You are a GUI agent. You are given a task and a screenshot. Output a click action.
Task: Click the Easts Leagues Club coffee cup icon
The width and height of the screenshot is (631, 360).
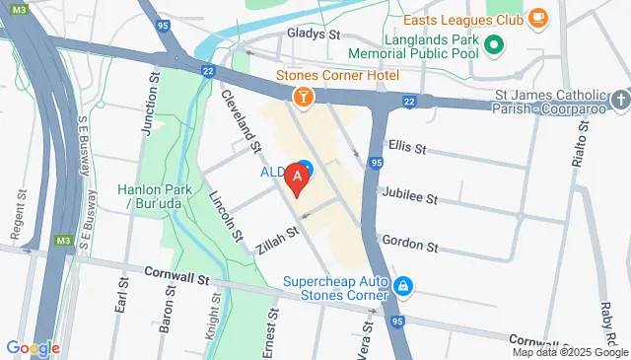(x=538, y=18)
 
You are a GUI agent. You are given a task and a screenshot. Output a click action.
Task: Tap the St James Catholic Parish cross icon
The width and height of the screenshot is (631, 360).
(x=619, y=100)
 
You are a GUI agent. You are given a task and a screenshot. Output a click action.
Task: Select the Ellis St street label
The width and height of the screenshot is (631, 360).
(x=406, y=149)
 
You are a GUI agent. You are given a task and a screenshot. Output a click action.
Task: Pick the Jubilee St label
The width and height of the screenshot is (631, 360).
(x=413, y=198)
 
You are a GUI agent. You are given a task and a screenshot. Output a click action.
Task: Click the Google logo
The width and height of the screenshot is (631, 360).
(x=33, y=347)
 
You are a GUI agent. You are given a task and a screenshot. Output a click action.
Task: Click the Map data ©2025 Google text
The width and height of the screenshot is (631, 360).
(x=570, y=352)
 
